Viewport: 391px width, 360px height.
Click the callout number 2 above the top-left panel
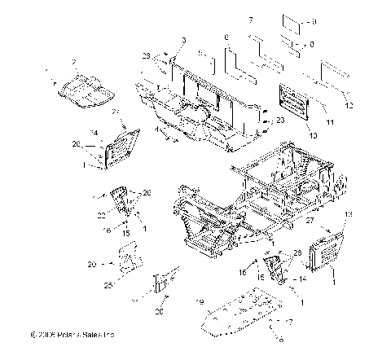(74, 62)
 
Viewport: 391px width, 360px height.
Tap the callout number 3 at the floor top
(184, 40)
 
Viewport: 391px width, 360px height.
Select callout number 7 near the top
(251, 19)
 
